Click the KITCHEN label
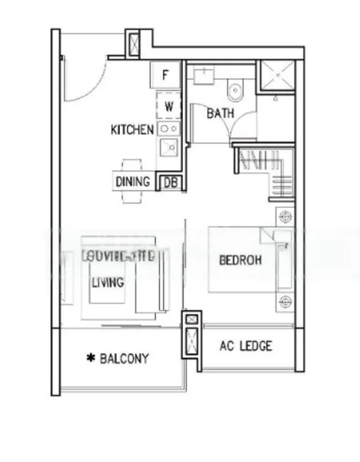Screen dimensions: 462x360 click(132, 129)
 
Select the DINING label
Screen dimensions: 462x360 click(133, 182)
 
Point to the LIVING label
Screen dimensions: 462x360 click(108, 283)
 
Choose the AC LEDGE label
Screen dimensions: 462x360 click(246, 346)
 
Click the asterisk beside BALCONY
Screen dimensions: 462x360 click(91, 358)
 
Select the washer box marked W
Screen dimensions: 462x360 click(168, 105)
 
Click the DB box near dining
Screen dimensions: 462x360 click(168, 182)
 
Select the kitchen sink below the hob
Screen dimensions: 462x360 click(168, 146)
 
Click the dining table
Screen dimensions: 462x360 click(131, 182)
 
